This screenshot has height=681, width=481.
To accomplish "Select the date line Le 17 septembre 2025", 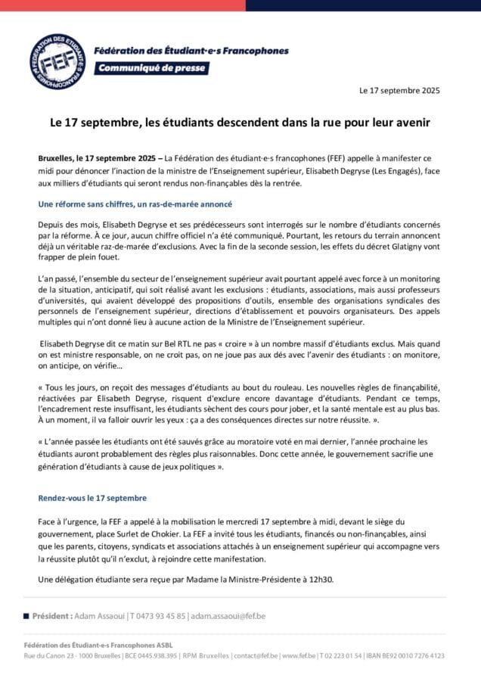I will [x=399, y=90].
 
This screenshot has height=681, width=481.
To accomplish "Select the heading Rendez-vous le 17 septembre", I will [x=92, y=499].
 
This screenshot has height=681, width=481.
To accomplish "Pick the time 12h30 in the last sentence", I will [x=318, y=580].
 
